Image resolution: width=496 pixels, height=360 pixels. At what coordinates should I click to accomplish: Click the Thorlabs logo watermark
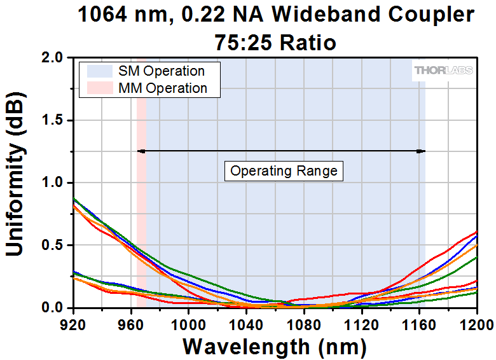tap(443, 70)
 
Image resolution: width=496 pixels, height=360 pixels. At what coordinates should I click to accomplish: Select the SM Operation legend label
tap(162, 71)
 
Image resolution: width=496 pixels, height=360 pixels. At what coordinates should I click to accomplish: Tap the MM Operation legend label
tap(163, 88)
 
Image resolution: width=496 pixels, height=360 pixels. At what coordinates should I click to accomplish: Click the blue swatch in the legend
tap(100, 71)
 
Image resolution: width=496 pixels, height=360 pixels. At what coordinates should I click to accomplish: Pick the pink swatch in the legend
tap(100, 88)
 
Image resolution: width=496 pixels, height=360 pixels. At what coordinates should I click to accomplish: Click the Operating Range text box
tap(284, 171)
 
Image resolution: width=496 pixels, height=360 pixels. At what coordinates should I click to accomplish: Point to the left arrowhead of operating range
tap(141, 151)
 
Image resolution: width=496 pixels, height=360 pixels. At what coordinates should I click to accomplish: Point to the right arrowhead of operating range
tap(421, 151)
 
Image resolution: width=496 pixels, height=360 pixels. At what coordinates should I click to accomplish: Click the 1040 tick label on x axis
tap(246, 325)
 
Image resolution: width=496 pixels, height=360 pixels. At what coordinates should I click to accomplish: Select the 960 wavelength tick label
tap(131, 325)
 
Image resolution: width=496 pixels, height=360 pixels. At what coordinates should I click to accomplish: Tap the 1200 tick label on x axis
tap(476, 325)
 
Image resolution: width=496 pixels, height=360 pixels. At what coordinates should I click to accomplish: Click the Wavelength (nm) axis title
tap(275, 347)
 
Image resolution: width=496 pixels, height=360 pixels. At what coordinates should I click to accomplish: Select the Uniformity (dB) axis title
tap(15, 174)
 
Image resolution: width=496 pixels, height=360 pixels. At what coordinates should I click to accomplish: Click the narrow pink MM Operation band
tap(141, 183)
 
